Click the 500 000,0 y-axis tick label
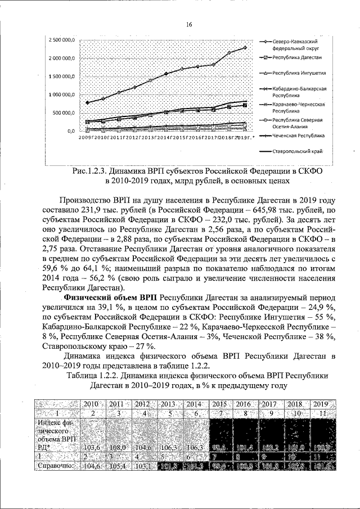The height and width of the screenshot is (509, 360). pos(65,112)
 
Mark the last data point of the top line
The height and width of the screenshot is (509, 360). pos(245,48)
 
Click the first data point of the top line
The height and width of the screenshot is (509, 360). pos(87,102)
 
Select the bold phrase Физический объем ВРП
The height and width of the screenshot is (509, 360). pos(111,297)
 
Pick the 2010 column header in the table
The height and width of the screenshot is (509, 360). pos(91,404)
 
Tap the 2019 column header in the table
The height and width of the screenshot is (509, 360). pos(321,404)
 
